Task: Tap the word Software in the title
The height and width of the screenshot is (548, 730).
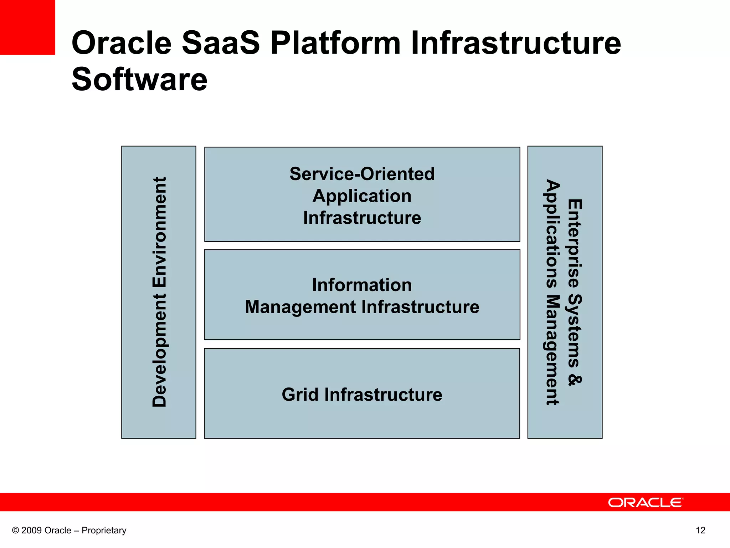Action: [x=139, y=79]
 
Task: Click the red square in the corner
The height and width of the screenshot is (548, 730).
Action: [x=27, y=27]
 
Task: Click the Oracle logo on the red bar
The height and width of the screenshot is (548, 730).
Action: [x=646, y=502]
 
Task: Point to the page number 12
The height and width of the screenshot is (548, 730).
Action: [x=700, y=531]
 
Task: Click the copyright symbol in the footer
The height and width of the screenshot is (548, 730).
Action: [x=15, y=531]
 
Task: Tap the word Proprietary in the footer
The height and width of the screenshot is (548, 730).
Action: [x=104, y=531]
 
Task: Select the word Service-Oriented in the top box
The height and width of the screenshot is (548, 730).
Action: [x=362, y=174]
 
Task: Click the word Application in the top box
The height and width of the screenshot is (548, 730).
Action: [x=362, y=196]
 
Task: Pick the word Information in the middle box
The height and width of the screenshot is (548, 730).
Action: [x=362, y=285]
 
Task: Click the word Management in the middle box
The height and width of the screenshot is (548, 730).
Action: [x=300, y=307]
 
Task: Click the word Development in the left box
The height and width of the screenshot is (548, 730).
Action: [x=159, y=350]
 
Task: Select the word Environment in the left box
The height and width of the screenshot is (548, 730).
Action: [x=159, y=232]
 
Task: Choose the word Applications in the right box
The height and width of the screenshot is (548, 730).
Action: [x=552, y=234]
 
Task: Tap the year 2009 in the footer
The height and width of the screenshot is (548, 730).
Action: [x=32, y=531]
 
